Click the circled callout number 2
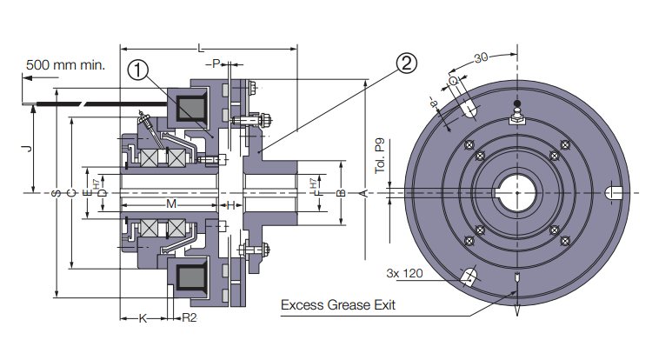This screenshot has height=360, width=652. coord(407,62)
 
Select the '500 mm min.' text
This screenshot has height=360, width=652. coord(65,64)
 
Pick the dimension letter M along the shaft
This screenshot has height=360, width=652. coord(171,204)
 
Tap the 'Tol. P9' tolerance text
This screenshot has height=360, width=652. coord(379,156)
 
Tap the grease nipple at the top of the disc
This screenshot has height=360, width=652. coord(516,114)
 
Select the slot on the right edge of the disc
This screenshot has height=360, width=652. coord(612,192)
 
